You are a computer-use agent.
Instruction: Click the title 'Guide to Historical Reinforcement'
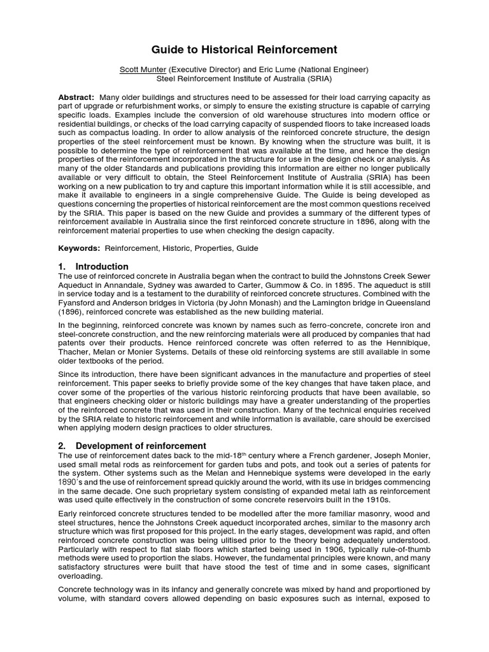[244, 50]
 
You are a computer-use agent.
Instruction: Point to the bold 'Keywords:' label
[79, 248]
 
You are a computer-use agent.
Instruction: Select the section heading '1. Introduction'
[94, 266]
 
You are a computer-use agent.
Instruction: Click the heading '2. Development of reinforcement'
[132, 446]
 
